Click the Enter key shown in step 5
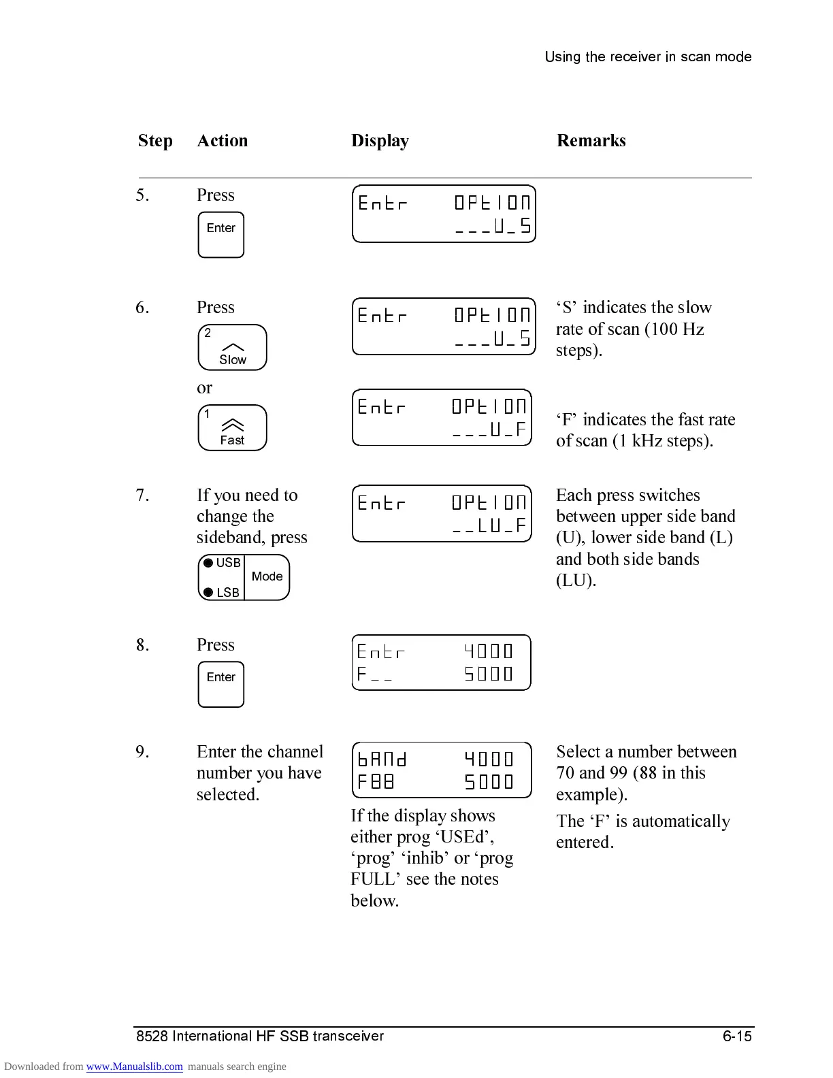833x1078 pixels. coord(220,235)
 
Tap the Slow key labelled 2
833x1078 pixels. coord(232,348)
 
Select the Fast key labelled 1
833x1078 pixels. coord(232,428)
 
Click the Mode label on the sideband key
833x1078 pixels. coord(267,577)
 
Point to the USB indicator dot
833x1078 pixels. coord(208,563)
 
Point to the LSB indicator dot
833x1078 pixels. coord(208,593)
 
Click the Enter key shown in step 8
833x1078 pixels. coord(220,685)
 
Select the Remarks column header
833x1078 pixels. coord(591,141)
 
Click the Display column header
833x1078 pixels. coord(380,141)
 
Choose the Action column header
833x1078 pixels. coord(222,141)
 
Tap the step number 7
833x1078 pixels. coord(142,495)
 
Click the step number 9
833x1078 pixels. coord(142,752)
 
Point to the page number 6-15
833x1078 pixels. coord(737,1036)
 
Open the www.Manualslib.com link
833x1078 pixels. coord(134,1066)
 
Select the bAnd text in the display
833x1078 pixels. coord(382,759)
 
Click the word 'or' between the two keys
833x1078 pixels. coord(204,388)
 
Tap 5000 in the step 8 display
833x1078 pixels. coord(488,674)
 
